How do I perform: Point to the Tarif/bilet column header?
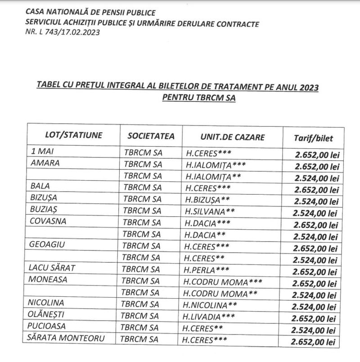(x=314, y=138)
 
